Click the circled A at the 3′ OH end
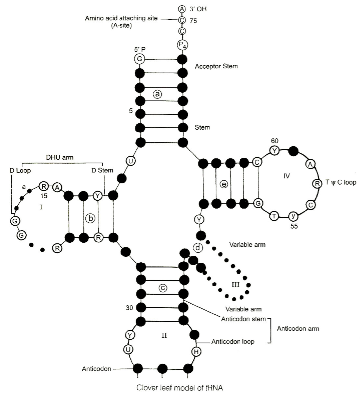click(x=182, y=9)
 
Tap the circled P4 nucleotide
click(x=182, y=45)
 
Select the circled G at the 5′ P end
click(x=140, y=59)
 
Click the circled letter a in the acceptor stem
click(x=157, y=94)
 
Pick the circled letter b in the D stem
click(x=90, y=218)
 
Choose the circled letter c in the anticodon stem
click(x=163, y=288)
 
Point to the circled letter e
click(x=224, y=184)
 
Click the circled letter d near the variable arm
click(x=198, y=248)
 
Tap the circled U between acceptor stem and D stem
click(x=130, y=161)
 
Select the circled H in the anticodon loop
click(x=196, y=352)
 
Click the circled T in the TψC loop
click(x=274, y=216)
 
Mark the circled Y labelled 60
click(x=275, y=151)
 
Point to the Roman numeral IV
click(x=286, y=176)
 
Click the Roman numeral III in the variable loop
click(x=235, y=285)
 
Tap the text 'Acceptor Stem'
click(x=216, y=66)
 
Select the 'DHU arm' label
click(x=60, y=158)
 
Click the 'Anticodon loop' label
click(x=233, y=342)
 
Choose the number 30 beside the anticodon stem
click(x=129, y=308)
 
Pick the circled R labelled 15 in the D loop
click(x=44, y=187)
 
